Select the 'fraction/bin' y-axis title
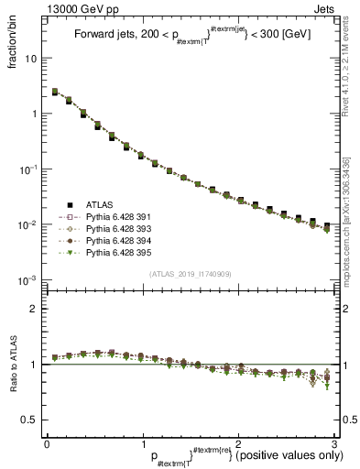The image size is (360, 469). [x=19, y=46]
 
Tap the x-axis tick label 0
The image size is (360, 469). [x=47, y=443]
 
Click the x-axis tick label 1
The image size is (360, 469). [x=142, y=443]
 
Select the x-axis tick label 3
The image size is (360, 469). [x=333, y=443]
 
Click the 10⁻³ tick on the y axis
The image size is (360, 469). [x=28, y=279]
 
